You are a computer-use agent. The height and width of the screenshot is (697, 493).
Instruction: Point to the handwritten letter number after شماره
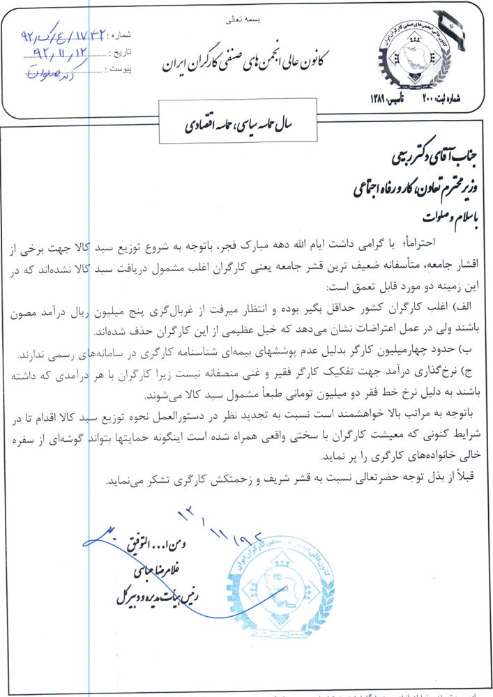[x=66, y=34]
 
